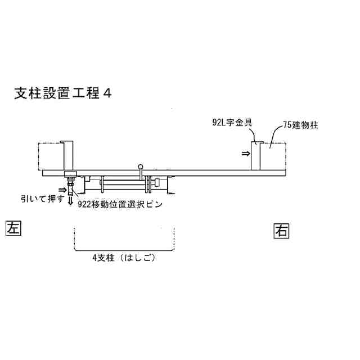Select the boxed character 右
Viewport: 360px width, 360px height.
(282, 230)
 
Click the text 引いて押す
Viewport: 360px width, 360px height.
(42, 199)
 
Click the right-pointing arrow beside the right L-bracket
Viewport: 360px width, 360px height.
(247, 152)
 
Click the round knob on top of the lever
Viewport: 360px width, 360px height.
(141, 166)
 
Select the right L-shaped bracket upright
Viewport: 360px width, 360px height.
(256, 155)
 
